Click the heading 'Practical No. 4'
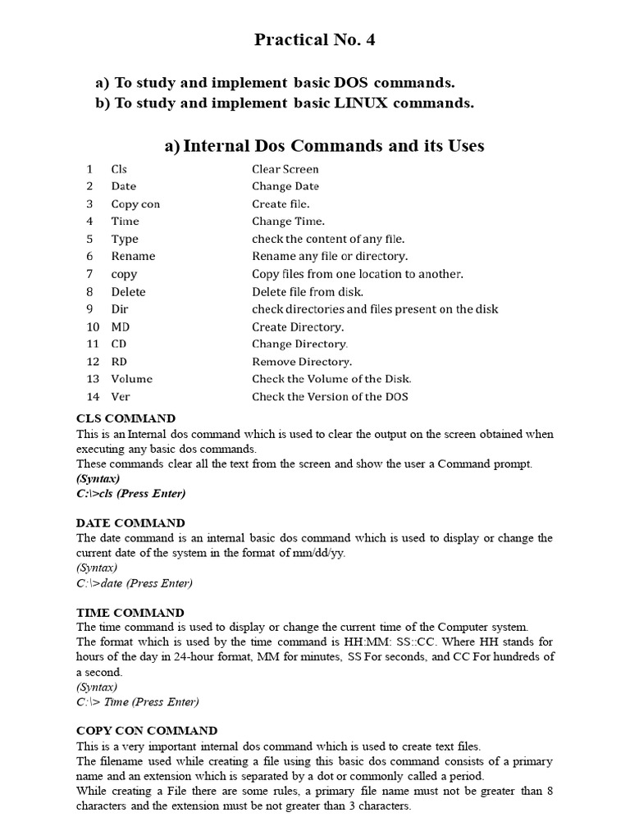(314, 39)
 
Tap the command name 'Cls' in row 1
(119, 169)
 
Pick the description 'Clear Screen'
(285, 169)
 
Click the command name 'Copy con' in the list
(135, 203)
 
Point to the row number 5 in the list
(89, 239)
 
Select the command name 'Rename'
(133, 256)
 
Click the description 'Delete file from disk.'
(308, 291)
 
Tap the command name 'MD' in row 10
(121, 326)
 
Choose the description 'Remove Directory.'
(302, 361)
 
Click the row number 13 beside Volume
(93, 379)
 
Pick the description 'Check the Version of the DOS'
(330, 397)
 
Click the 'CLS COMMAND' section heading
(126, 419)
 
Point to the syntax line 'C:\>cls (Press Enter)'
(131, 494)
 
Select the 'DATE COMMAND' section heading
(130, 523)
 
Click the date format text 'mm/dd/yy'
(315, 553)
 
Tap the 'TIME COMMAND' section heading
(130, 613)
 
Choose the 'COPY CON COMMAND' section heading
(147, 731)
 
